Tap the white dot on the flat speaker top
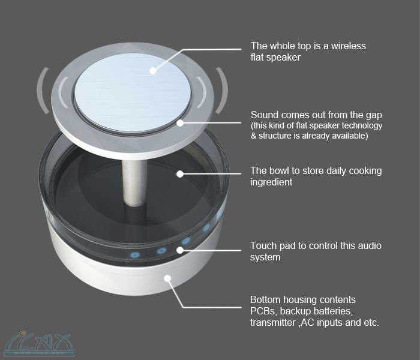tap(153, 71)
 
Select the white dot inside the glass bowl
tap(179, 175)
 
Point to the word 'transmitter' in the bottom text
tap(275, 323)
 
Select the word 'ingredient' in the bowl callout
tap(271, 182)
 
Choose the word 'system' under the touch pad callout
tap(266, 257)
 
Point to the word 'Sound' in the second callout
tap(265, 115)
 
